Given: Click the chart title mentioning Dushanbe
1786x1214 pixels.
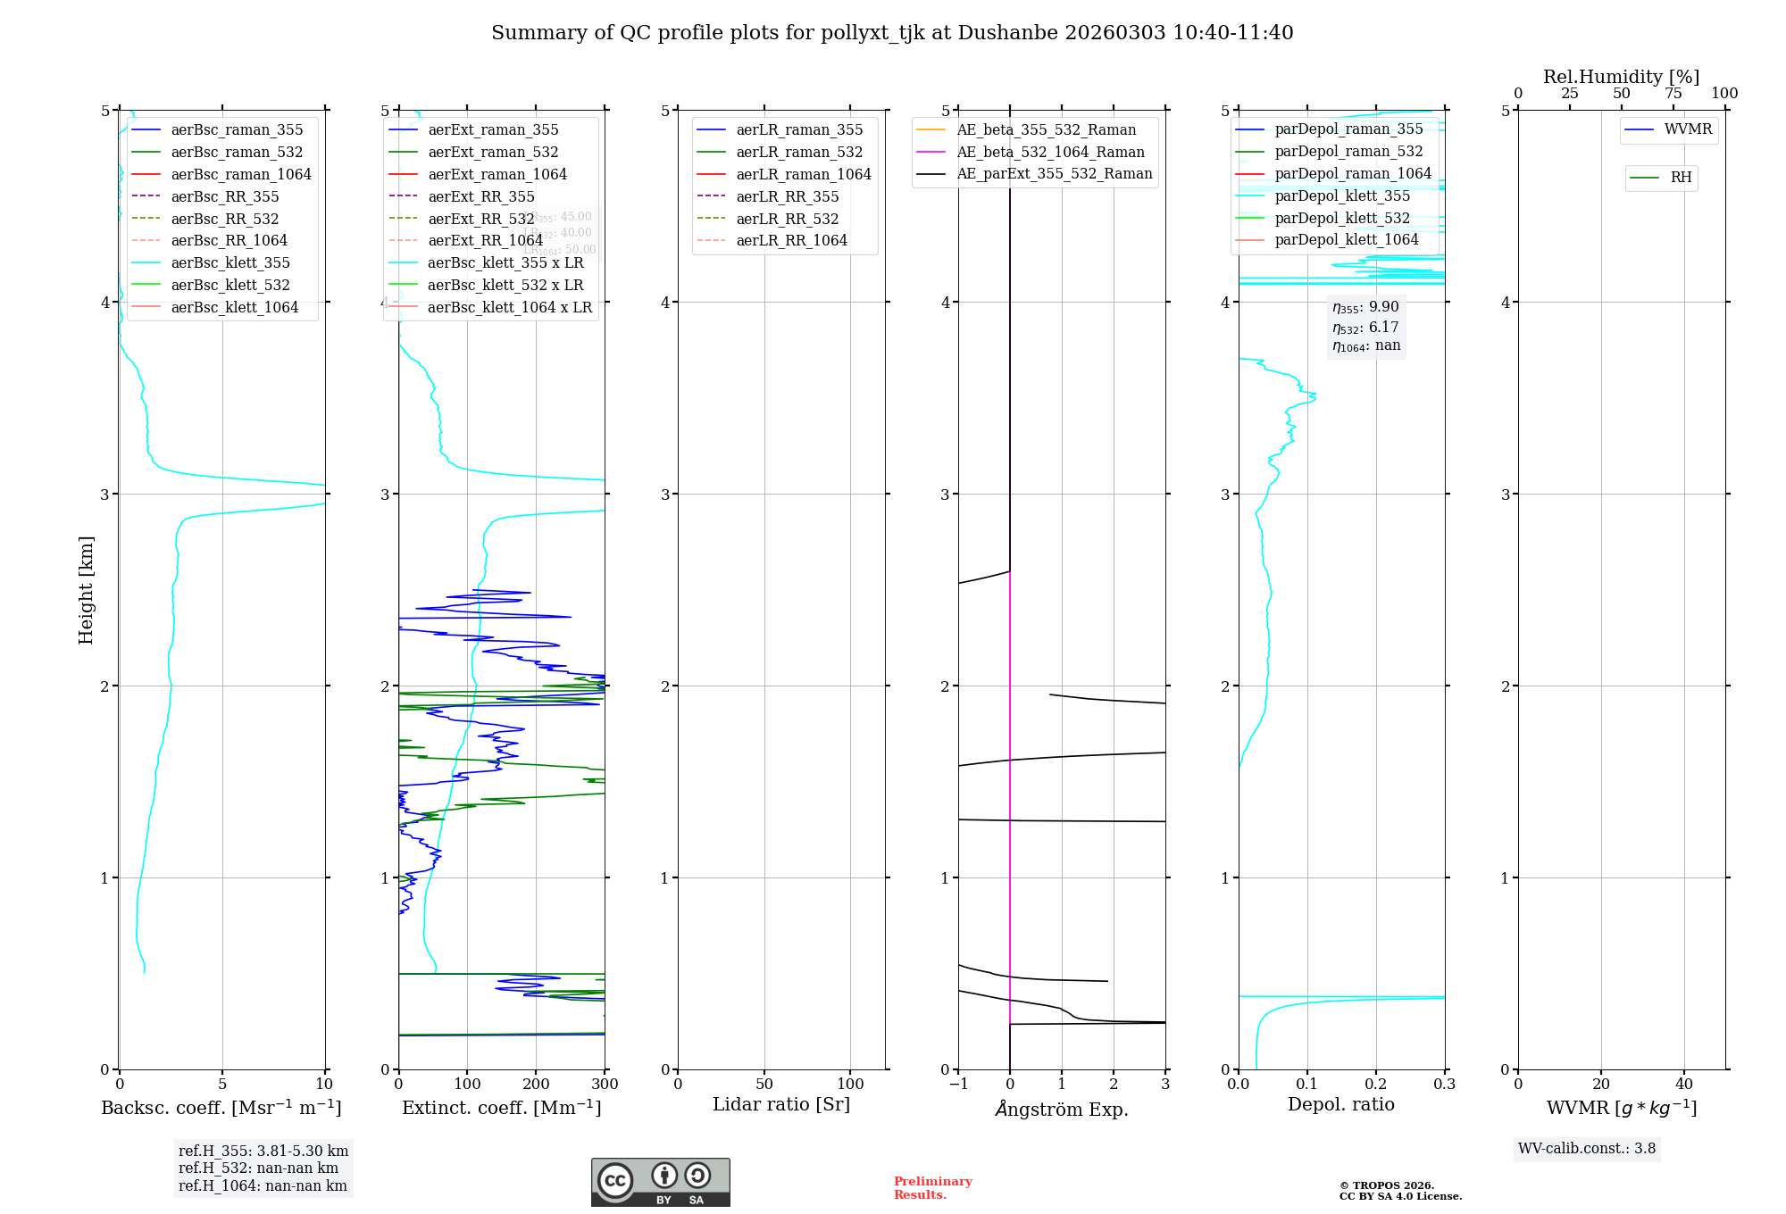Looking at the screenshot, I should point(892,33).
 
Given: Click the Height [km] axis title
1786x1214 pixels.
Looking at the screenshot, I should point(86,589).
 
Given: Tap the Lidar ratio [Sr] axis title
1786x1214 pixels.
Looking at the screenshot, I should point(781,1104).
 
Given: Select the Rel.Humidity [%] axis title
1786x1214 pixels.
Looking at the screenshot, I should point(1621,77).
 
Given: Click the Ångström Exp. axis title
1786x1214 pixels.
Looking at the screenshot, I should point(1062,1109).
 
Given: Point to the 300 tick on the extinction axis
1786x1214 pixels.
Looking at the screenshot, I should point(605,1085).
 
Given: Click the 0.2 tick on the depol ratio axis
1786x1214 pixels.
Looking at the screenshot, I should point(1376,1085).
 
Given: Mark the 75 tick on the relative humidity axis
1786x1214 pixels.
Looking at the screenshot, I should point(1673,94).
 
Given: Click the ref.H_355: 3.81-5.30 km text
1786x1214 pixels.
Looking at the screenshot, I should point(263,1152).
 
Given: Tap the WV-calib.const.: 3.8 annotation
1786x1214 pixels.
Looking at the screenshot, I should point(1586,1149).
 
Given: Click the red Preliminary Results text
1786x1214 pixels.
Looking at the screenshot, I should point(932,1188).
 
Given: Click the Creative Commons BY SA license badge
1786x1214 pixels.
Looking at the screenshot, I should point(660,1182).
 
